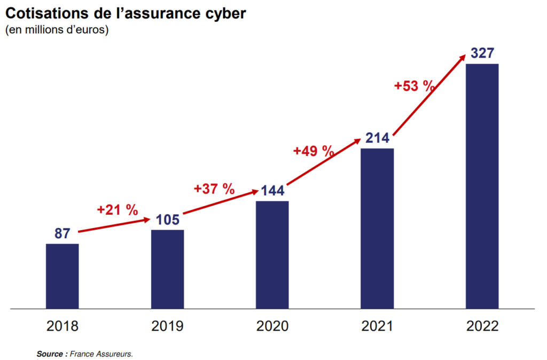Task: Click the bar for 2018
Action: [62, 276]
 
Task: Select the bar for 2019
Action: [167, 269]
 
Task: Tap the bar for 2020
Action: [272, 255]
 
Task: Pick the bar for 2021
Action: [377, 229]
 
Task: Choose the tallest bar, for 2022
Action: [482, 186]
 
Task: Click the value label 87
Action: [62, 233]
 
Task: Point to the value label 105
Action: [168, 220]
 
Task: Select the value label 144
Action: [272, 191]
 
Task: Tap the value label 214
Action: [378, 138]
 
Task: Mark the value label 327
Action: [482, 53]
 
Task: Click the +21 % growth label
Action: [118, 210]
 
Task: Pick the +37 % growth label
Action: [214, 189]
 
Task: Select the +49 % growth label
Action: [314, 151]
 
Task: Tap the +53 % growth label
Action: [414, 86]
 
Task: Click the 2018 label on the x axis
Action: [62, 326]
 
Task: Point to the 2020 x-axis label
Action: [272, 326]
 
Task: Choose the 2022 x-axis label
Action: [482, 326]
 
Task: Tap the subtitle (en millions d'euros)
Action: [57, 30]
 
